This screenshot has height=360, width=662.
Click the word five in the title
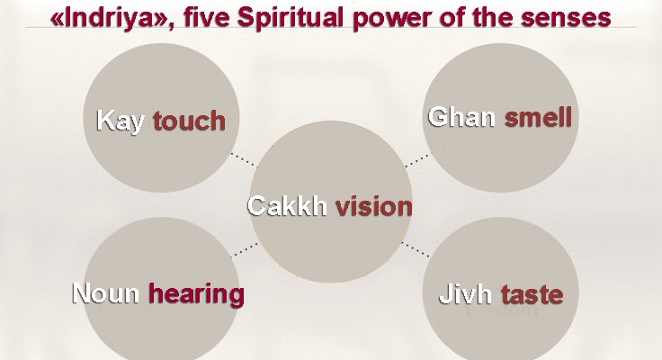click(x=205, y=18)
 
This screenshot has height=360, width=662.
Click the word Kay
click(x=121, y=121)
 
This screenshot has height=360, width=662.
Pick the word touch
click(x=189, y=121)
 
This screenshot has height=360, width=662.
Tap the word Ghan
click(x=461, y=117)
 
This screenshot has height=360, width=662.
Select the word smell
click(x=538, y=117)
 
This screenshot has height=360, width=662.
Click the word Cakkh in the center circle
click(x=287, y=206)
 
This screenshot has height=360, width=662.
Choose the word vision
click(x=374, y=206)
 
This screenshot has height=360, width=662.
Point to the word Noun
click(x=105, y=292)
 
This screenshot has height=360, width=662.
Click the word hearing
click(x=196, y=294)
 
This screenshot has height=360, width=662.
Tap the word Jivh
click(x=465, y=294)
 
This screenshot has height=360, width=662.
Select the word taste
click(x=532, y=294)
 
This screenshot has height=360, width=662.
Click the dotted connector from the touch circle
click(x=244, y=159)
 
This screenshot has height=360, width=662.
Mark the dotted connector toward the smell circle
click(x=418, y=160)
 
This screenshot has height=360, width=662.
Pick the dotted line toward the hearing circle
click(x=244, y=249)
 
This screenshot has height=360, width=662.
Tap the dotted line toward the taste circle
click(x=416, y=249)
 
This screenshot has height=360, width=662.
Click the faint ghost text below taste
click(x=501, y=311)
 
